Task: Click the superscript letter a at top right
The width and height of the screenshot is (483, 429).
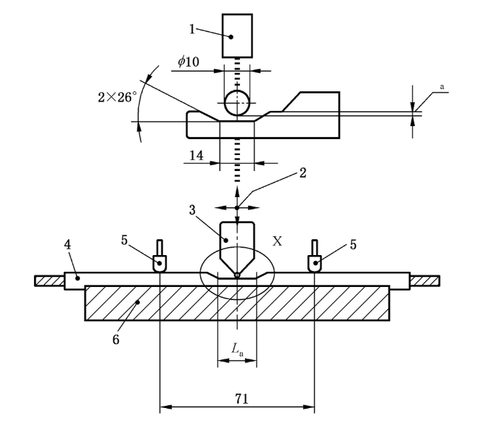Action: [x=441, y=87]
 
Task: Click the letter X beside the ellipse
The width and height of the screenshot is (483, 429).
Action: [x=276, y=241]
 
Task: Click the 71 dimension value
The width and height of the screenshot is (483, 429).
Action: [x=236, y=398]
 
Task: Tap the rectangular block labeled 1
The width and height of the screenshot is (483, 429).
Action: [x=237, y=36]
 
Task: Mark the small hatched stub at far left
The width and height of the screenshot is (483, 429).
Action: [x=49, y=280]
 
